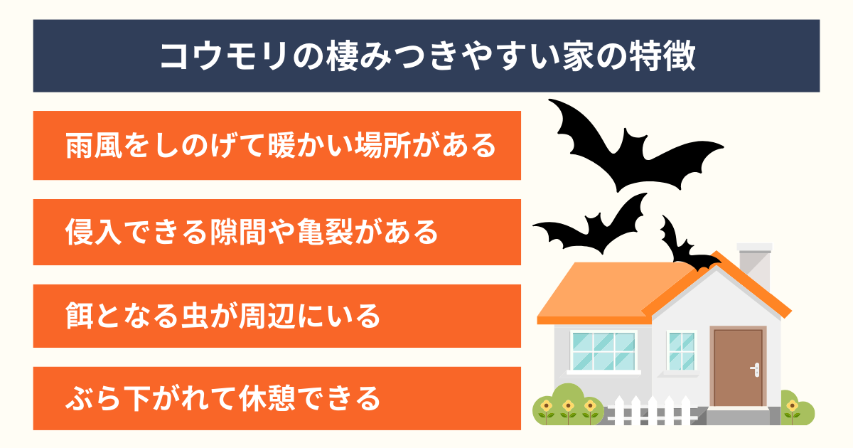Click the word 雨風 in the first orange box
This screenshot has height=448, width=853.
pyautogui.click(x=94, y=146)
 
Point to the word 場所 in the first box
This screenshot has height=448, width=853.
pyautogui.click(x=382, y=146)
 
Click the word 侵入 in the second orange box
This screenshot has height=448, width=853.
pyautogui.click(x=94, y=232)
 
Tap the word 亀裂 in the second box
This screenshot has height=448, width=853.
pyautogui.click(x=326, y=232)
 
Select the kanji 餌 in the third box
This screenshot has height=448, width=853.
pyautogui.click(x=79, y=316)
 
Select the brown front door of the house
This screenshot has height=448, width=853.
pyautogui.click(x=738, y=368)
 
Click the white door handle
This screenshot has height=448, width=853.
pyautogui.click(x=756, y=369)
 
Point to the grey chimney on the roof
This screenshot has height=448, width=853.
pyautogui.click(x=755, y=267)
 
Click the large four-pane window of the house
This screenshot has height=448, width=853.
pyautogui.click(x=603, y=351)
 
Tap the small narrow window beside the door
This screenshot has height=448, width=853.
pyautogui.click(x=682, y=351)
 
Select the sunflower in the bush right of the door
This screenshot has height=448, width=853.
pyautogui.click(x=793, y=407)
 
